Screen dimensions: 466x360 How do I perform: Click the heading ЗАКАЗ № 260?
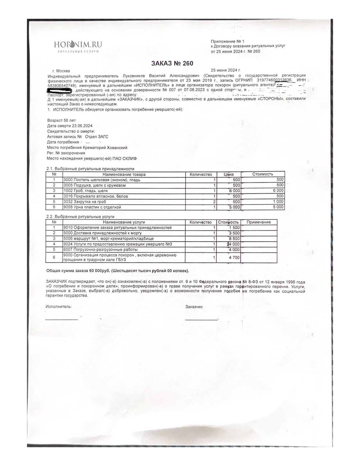(x=172, y=63)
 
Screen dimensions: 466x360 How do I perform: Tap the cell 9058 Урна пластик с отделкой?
(x=92, y=207)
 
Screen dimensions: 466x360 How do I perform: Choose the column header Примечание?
(x=259, y=222)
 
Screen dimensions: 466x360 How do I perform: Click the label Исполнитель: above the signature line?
(x=59, y=306)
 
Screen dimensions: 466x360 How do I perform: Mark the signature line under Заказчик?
(x=201, y=319)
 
